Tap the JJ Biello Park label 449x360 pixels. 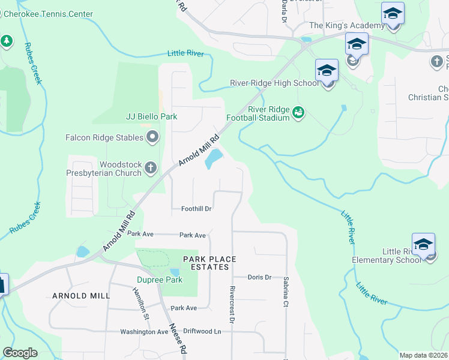pyautogui.click(x=152, y=116)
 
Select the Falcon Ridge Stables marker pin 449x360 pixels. pyautogui.click(x=152, y=138)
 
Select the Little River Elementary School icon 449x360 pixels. pyautogui.click(x=423, y=245)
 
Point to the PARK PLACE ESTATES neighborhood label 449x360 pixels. pyautogui.click(x=209, y=263)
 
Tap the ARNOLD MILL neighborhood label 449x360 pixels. pyautogui.click(x=81, y=296)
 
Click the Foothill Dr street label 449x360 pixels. pyautogui.click(x=197, y=209)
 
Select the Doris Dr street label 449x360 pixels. pyautogui.click(x=260, y=277)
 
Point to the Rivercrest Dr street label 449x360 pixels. pyautogui.click(x=231, y=307)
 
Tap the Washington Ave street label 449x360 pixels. pyautogui.click(x=144, y=331)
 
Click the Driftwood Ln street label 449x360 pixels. pyautogui.click(x=202, y=331)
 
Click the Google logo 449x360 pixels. pyautogui.click(x=20, y=353)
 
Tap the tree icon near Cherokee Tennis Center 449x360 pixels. pyautogui.click(x=7, y=41)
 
